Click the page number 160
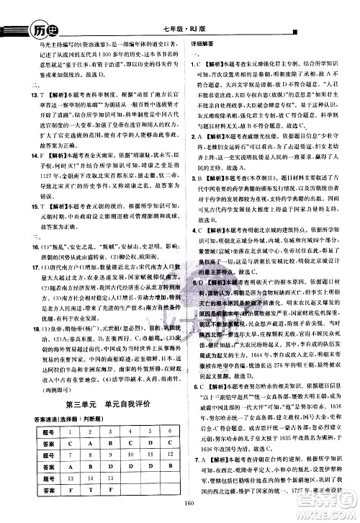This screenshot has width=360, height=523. click(181, 512)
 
